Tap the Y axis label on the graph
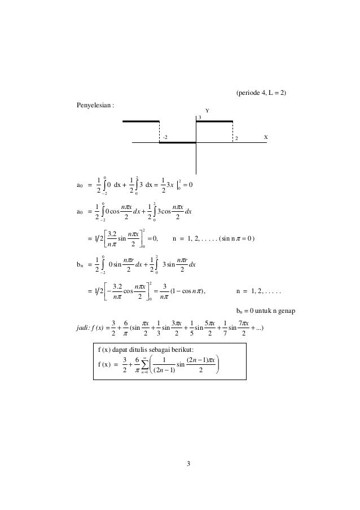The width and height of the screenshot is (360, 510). click(207, 111)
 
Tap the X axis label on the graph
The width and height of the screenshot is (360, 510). click(266, 137)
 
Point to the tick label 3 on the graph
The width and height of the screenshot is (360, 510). click(199, 117)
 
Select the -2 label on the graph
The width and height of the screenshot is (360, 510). click(165, 137)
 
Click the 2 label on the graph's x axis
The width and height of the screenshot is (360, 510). click(236, 138)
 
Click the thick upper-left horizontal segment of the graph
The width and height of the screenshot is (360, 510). click(141, 121)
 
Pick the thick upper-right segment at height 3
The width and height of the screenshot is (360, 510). click(214, 121)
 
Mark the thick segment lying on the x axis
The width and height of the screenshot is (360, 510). click(177, 143)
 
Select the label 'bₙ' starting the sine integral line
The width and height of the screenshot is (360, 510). click(81, 263)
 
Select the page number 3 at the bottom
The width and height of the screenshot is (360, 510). click(189, 464)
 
